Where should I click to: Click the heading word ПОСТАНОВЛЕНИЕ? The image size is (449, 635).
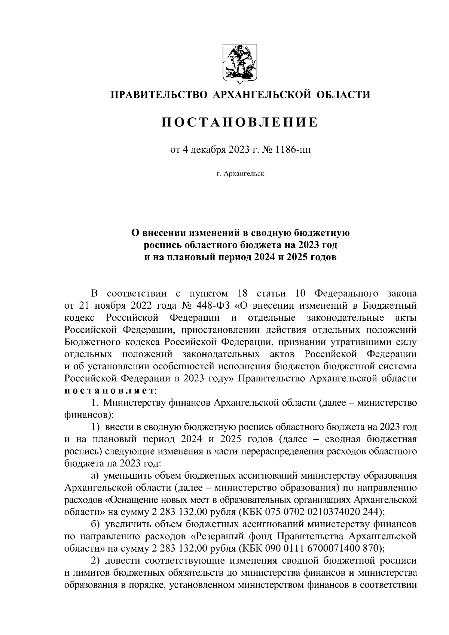click(240, 122)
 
